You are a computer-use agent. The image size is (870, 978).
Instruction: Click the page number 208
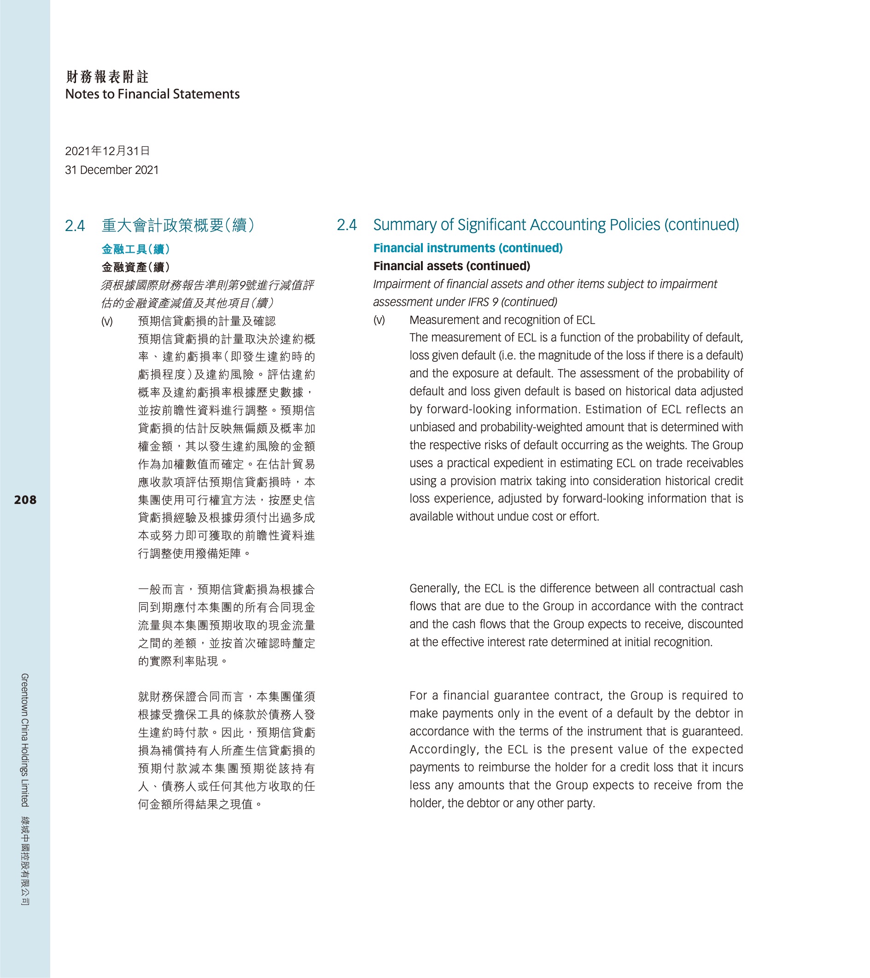(25, 500)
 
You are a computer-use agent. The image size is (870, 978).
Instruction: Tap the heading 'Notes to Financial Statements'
(152, 94)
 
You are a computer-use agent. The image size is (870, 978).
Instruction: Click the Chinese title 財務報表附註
(107, 76)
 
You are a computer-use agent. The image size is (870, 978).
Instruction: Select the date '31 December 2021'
(111, 170)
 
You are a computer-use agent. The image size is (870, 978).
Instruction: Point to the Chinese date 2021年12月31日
(107, 151)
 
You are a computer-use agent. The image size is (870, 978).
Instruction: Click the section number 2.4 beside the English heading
(347, 225)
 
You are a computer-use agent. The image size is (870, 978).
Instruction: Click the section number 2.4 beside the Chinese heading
(75, 226)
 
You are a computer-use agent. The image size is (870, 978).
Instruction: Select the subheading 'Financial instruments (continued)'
(468, 248)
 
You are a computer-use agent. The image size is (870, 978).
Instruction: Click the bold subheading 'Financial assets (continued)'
(451, 266)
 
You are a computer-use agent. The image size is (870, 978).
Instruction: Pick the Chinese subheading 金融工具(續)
(135, 249)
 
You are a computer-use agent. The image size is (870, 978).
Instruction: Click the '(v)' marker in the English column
(379, 320)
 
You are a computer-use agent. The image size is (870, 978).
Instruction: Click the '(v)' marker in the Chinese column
(107, 322)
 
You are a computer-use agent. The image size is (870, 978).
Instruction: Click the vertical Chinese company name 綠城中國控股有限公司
(25, 860)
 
